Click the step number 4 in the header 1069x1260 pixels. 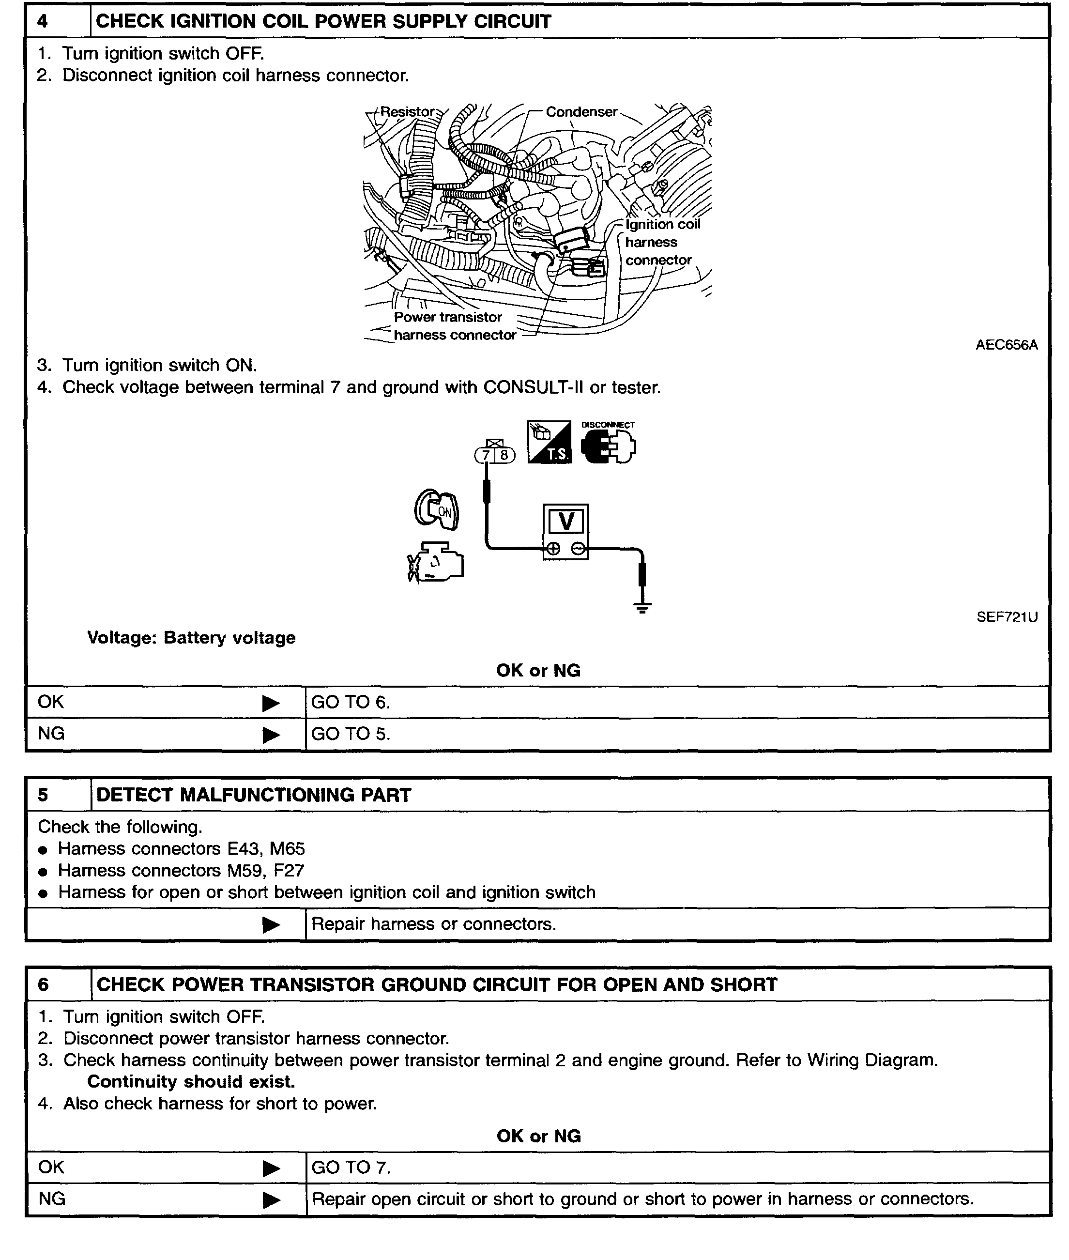[x=43, y=22]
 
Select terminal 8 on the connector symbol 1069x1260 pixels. [x=504, y=455]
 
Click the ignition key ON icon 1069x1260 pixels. [x=436, y=510]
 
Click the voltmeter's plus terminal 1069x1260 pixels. [x=553, y=549]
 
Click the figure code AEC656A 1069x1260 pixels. [x=1006, y=345]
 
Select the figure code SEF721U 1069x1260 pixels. [x=1007, y=617]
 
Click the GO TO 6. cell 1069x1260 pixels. [x=350, y=703]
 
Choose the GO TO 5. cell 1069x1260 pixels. [x=350, y=734]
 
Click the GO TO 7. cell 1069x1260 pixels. [x=351, y=1168]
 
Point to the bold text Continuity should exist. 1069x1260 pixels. [x=191, y=1082]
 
